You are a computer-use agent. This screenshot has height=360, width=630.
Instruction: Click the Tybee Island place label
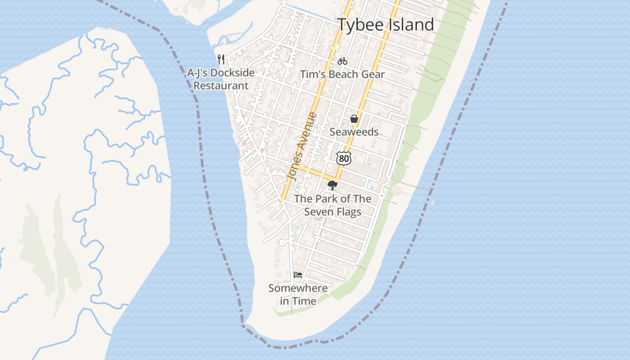[x=386, y=25]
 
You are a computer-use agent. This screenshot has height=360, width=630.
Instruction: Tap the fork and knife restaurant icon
[x=221, y=59]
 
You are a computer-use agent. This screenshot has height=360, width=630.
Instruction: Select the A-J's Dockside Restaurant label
[x=221, y=79]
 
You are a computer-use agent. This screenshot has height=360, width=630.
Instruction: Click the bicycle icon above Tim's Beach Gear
[x=342, y=61]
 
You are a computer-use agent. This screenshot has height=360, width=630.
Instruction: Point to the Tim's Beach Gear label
[x=342, y=74]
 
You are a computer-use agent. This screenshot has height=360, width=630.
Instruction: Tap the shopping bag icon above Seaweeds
[x=354, y=119]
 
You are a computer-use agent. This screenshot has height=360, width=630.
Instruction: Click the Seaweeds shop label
[x=354, y=132]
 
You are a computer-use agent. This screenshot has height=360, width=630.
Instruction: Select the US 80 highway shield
[x=343, y=158]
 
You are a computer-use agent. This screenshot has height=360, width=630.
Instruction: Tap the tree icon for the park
[x=333, y=185]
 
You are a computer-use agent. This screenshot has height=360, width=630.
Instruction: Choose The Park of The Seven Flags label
[x=333, y=205]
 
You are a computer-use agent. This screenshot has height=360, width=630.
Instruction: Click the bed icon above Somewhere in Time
[x=298, y=274]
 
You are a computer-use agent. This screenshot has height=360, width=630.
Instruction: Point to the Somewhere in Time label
[x=298, y=294]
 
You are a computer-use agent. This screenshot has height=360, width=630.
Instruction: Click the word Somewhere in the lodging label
[x=298, y=288]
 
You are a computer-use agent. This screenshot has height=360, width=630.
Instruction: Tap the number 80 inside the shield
[x=343, y=158]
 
